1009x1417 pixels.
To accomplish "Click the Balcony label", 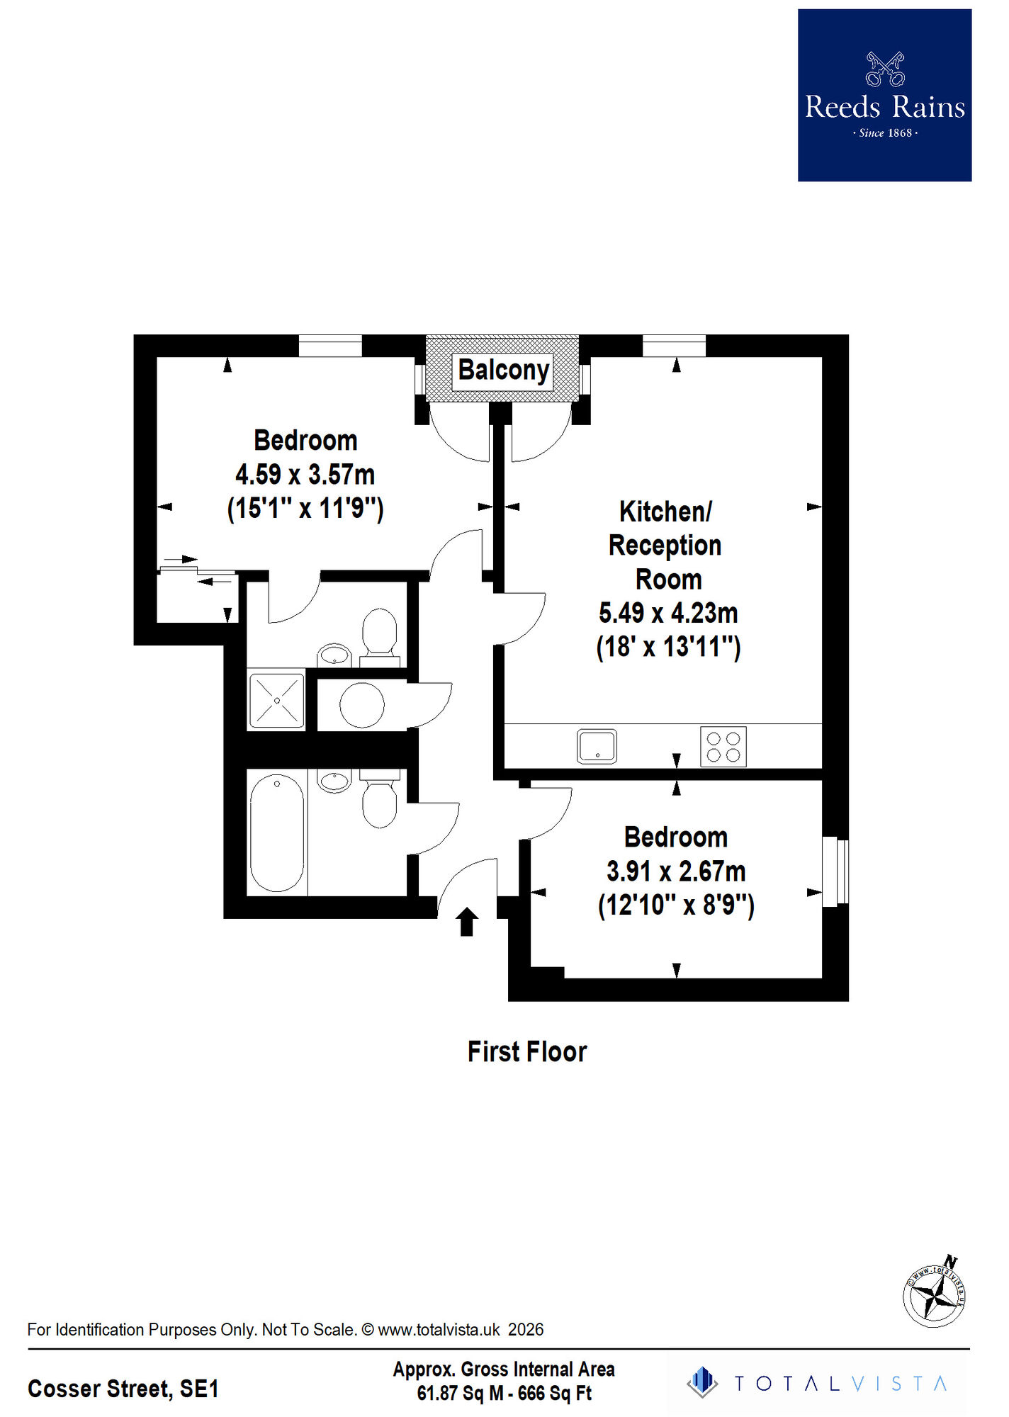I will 503,370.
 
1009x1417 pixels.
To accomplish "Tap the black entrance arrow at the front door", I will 466,922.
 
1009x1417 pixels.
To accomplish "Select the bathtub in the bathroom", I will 277,832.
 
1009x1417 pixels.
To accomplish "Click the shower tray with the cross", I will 276,700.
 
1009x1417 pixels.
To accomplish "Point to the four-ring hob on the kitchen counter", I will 723,746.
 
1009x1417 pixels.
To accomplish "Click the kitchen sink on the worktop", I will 597,746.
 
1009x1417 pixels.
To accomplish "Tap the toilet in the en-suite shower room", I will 379,633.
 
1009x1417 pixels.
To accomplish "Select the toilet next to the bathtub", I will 380,802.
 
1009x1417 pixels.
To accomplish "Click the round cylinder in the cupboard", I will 362,705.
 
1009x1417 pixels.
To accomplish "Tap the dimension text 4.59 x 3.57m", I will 305,475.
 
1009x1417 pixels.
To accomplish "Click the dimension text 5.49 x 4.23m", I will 668,613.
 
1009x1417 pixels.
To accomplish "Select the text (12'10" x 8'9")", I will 676,905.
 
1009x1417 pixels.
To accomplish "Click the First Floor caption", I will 527,1052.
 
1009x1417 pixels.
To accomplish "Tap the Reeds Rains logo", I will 884,96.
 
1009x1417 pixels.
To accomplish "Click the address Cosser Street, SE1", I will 123,1389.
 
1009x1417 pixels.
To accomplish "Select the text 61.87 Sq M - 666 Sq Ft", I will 504,1394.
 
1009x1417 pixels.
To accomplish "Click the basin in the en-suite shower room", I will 334,655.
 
